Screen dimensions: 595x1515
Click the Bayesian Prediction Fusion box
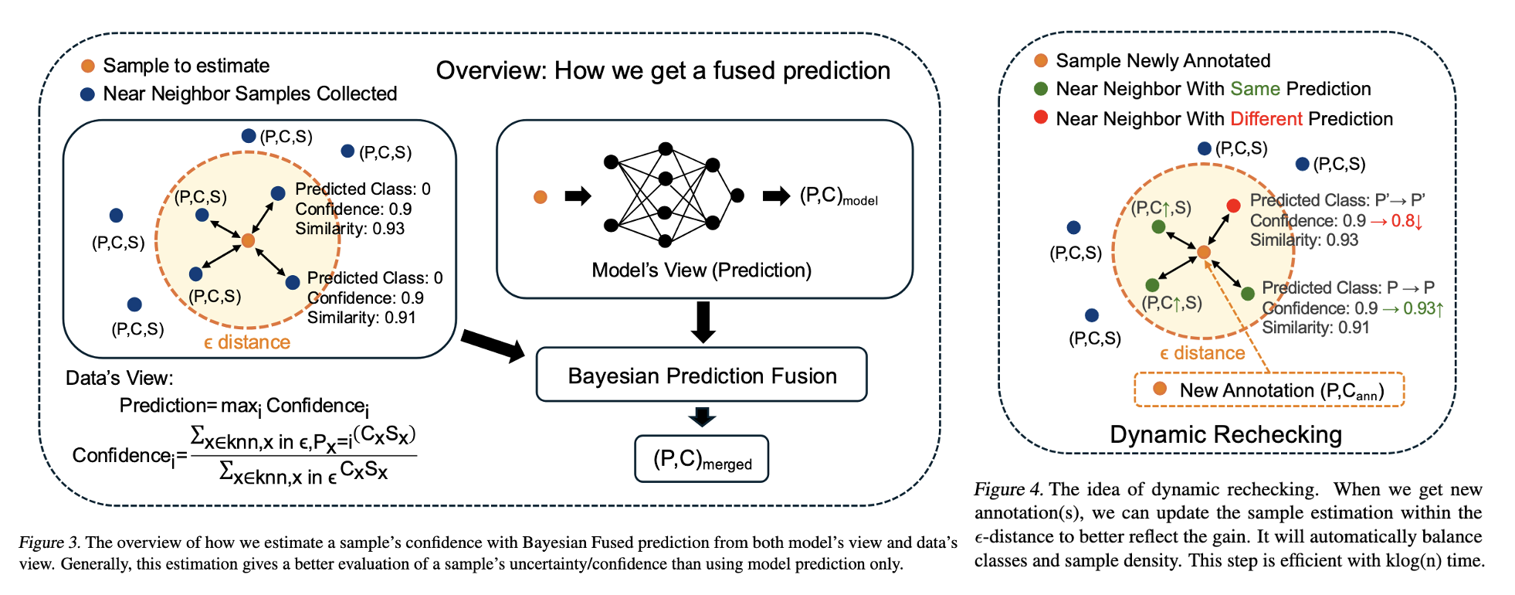[x=701, y=375]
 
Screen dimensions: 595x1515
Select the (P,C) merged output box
[x=701, y=459]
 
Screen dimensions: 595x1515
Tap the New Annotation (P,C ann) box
[x=1269, y=390]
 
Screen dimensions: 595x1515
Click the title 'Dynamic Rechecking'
[x=1225, y=434]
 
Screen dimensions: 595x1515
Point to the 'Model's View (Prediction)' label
[x=701, y=270]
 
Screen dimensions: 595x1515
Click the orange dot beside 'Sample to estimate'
[x=88, y=66]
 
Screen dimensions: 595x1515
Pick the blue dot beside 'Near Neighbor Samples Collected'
[x=88, y=94]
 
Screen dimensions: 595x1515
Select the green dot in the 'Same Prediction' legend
[x=1041, y=89]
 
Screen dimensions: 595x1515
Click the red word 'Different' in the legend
[x=1266, y=119]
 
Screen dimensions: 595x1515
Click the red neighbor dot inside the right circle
[x=1233, y=205]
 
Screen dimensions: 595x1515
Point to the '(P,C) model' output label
[x=839, y=196]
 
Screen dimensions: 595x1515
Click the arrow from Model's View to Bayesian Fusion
[x=703, y=321]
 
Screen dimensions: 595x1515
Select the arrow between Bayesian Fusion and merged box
[x=702, y=417]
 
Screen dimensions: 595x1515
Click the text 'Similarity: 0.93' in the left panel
[x=350, y=229]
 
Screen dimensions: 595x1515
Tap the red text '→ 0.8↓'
[x=1395, y=221]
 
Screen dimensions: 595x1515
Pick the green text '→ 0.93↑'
[x=1412, y=308]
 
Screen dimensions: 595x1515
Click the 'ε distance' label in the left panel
[x=247, y=343]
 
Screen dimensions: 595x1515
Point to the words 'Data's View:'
[x=120, y=378]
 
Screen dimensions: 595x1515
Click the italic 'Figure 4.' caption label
[x=1008, y=489]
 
